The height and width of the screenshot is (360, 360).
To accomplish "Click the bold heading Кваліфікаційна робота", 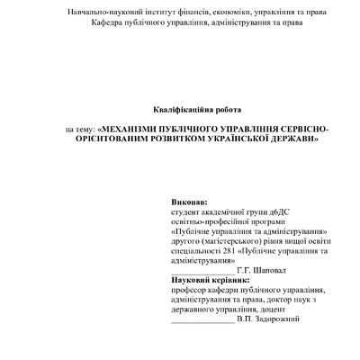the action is coord(180,107).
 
